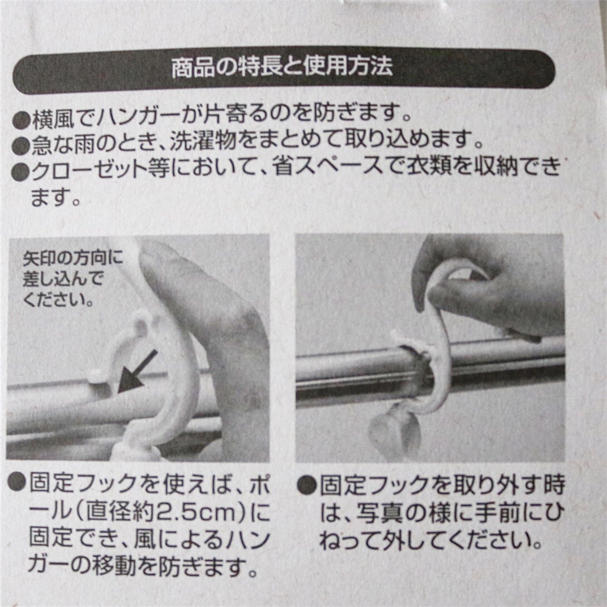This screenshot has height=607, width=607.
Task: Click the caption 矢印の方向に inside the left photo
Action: click(73, 259)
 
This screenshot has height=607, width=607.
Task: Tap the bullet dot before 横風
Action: click(21, 120)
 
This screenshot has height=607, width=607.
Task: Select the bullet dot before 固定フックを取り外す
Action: click(307, 484)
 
